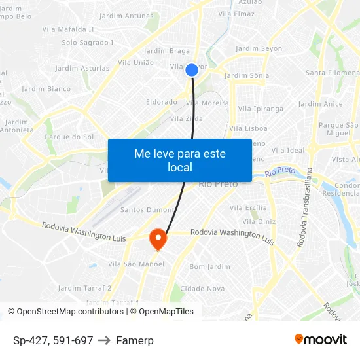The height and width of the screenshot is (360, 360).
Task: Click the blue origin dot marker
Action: (192, 70)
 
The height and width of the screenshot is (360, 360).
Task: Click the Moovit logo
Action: (320, 340)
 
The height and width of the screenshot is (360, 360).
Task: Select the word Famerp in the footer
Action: (135, 340)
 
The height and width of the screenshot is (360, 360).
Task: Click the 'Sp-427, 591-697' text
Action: (53, 340)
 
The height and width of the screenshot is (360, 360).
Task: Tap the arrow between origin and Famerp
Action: (105, 340)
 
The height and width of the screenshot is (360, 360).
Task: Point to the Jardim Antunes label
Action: (126, 16)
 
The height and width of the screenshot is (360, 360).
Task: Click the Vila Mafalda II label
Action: (68, 29)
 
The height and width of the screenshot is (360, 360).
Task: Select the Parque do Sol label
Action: (69, 137)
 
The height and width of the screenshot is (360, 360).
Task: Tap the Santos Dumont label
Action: (147, 210)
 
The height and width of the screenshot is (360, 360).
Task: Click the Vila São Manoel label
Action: (136, 264)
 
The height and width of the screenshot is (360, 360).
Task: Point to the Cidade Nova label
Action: (202, 289)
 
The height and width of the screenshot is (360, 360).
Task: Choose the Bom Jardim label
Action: (209, 267)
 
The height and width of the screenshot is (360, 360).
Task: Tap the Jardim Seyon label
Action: (259, 49)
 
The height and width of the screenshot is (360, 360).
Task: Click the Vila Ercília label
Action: (248, 208)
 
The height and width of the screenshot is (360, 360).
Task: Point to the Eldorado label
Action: (161, 103)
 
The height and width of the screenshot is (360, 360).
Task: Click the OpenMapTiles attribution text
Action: (166, 312)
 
